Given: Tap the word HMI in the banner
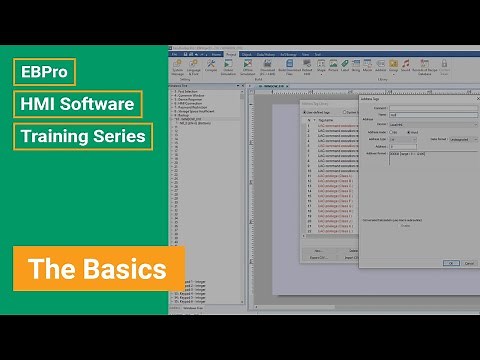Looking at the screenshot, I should (x=43, y=104).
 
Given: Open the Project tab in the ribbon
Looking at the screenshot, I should (x=231, y=54).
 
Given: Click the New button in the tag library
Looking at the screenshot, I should (x=318, y=250).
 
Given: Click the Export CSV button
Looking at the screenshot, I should (x=318, y=258).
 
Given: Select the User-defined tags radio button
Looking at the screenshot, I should (x=305, y=113).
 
